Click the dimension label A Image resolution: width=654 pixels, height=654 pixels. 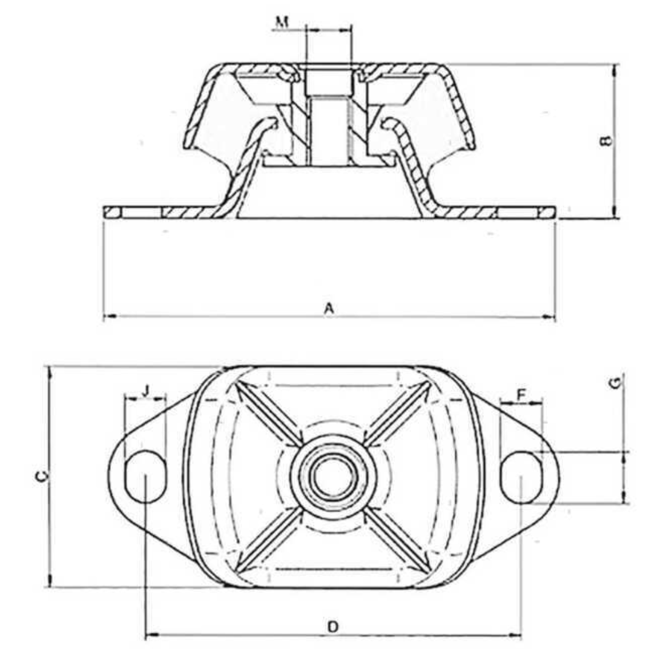tap(329, 308)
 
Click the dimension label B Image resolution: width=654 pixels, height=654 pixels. tap(607, 140)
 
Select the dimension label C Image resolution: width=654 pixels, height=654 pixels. tap(41, 477)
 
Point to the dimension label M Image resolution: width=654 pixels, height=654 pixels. tap(282, 22)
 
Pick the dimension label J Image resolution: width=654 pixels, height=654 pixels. tap(145, 391)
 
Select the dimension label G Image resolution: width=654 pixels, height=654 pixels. tap(615, 382)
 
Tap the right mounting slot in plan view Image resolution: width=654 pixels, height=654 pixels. tap(521, 477)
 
